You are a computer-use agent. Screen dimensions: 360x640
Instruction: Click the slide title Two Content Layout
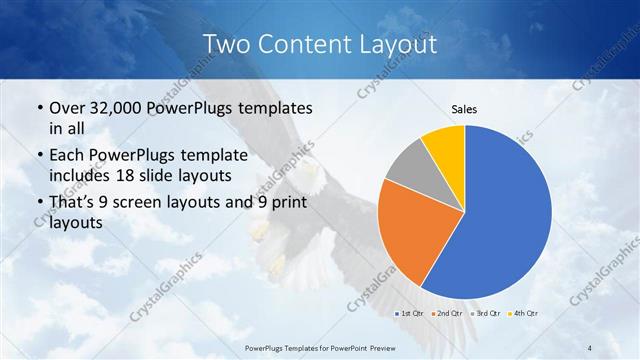tap(319, 45)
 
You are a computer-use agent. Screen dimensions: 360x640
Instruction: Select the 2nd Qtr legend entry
tap(448, 314)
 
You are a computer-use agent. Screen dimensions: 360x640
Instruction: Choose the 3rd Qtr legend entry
tap(483, 314)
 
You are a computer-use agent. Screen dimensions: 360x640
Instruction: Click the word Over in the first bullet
tap(67, 108)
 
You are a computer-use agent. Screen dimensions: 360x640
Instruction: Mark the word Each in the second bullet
tap(67, 156)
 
